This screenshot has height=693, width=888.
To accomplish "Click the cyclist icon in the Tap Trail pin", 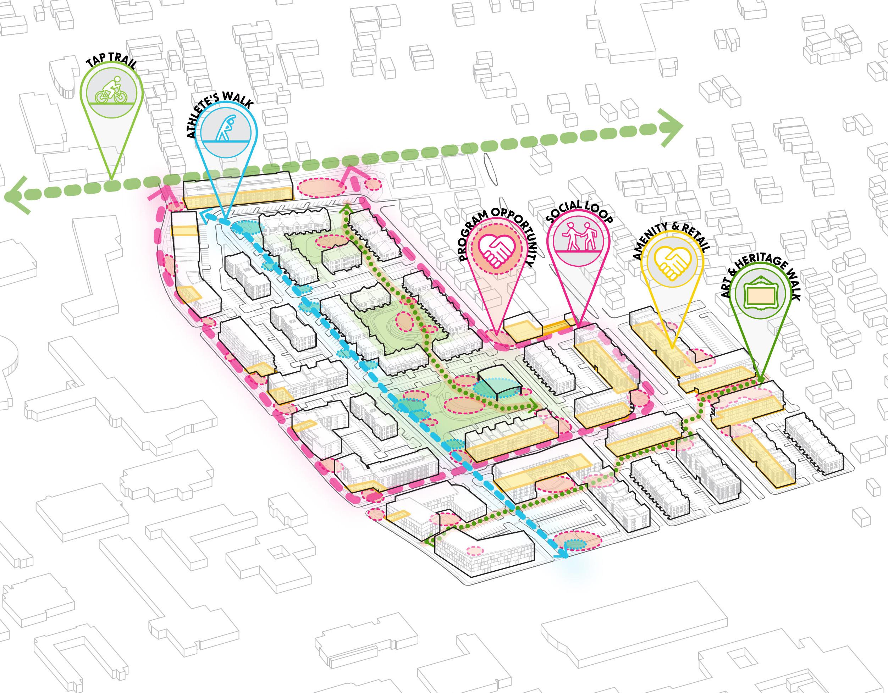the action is click(111, 88).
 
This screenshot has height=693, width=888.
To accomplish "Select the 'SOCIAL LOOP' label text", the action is click(580, 211).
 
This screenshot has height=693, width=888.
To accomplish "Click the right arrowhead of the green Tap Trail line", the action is click(673, 128).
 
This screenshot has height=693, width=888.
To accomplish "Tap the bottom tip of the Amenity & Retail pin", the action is click(671, 349).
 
